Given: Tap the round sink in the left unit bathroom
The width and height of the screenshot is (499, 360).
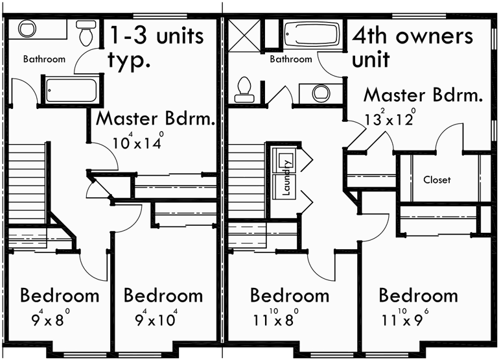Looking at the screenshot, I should click(27, 30).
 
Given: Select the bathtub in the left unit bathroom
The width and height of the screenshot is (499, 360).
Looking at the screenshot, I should click(71, 90).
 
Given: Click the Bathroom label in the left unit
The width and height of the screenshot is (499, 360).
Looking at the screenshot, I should click(44, 59).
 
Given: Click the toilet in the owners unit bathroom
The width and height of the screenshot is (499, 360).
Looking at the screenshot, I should click(244, 88).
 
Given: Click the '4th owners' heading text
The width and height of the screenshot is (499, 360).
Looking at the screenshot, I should click(412, 36).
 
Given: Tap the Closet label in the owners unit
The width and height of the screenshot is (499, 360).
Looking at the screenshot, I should click(437, 180).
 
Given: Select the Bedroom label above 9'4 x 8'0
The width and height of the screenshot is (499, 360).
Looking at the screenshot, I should click(60, 296).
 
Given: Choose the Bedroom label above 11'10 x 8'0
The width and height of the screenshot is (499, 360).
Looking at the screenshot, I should click(290, 296).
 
